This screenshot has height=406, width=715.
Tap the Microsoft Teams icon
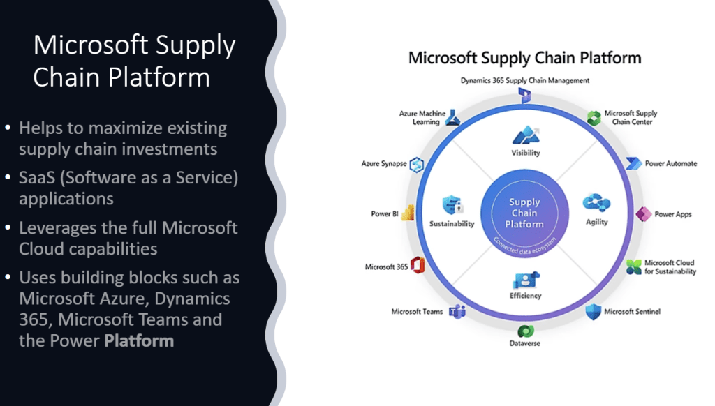457,312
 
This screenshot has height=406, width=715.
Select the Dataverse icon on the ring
525,331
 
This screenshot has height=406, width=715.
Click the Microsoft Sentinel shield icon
592,311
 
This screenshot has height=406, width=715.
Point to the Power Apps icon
643,213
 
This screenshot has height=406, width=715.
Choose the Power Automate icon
633,163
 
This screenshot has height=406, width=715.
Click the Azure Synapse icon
418,164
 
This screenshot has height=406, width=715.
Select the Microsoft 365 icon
418,266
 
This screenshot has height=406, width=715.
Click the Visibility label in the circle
525,153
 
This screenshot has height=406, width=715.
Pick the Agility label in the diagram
597,222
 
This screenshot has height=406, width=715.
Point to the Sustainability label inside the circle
452,224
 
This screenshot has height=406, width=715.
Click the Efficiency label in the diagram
525,295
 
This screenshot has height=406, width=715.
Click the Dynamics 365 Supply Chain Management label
525,80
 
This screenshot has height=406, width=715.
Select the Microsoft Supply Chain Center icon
594,117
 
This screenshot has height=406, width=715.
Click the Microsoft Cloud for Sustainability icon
633,266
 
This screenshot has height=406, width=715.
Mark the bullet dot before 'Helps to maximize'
8,129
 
